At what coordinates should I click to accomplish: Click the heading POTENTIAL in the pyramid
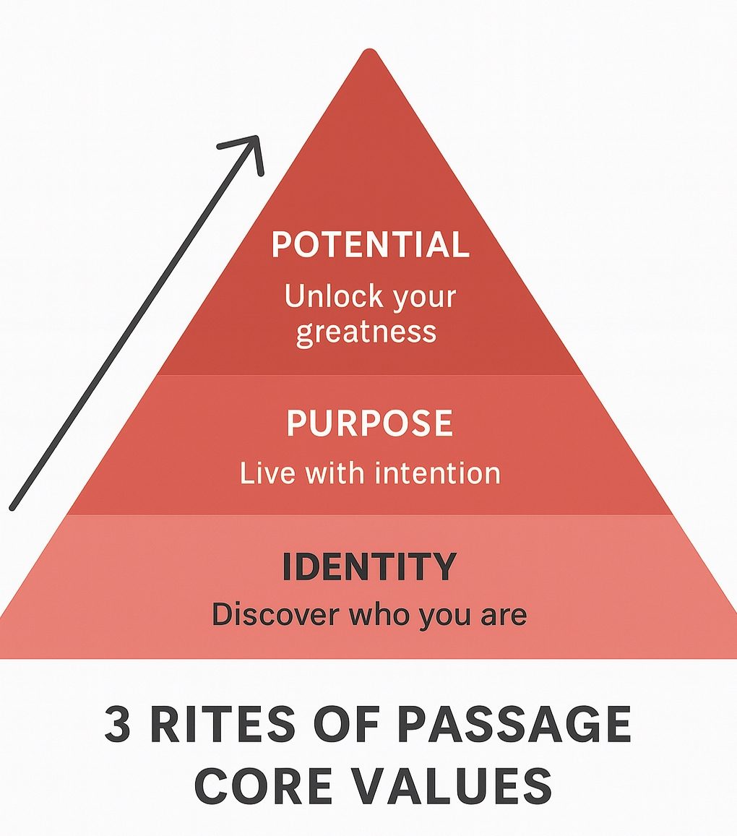370,246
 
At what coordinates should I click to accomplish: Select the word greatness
366,332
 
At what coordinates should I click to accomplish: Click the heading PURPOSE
369,423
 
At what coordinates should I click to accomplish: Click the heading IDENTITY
368,567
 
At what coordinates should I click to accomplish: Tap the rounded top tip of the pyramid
369,53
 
